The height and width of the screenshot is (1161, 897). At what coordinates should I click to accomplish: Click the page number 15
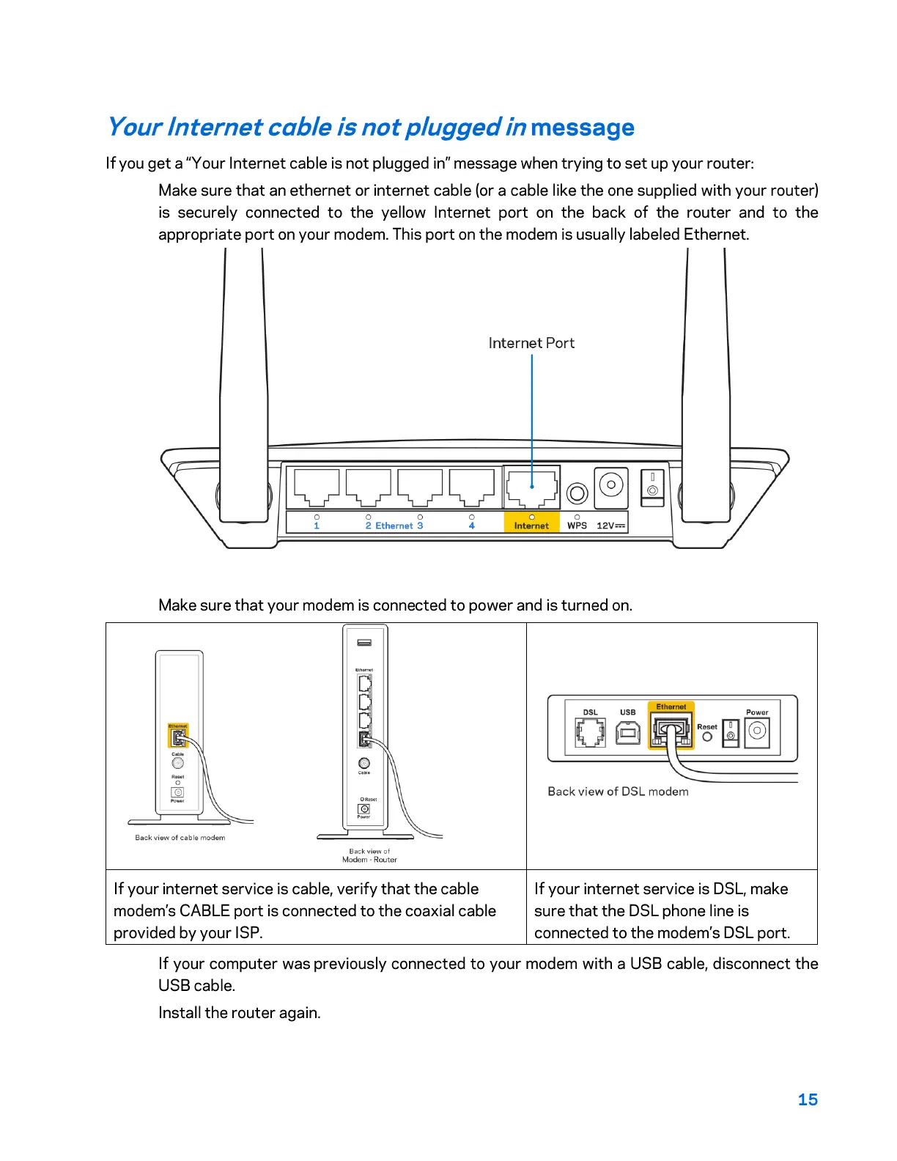click(808, 1099)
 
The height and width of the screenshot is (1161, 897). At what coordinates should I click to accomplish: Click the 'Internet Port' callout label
click(531, 343)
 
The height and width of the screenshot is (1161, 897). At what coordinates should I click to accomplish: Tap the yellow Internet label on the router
click(531, 526)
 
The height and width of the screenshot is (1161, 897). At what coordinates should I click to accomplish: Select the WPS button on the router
click(577, 493)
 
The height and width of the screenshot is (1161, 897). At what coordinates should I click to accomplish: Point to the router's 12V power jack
click(611, 485)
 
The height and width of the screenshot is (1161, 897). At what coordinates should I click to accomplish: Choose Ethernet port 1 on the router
click(317, 487)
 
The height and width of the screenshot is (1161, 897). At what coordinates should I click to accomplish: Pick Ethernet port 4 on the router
click(471, 487)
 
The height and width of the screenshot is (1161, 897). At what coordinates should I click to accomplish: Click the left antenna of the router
click(244, 381)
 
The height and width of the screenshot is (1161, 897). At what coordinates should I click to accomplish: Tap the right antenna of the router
click(706, 381)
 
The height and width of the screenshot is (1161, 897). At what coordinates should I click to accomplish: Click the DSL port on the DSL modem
click(591, 732)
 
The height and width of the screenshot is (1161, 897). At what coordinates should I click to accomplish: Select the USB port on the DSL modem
click(628, 732)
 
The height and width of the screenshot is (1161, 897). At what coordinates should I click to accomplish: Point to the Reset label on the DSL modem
click(707, 727)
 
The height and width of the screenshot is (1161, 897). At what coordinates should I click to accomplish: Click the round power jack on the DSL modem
click(758, 731)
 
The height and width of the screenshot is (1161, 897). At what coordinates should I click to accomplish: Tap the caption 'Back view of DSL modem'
click(618, 792)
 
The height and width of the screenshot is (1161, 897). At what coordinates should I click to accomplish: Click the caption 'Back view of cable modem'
click(180, 838)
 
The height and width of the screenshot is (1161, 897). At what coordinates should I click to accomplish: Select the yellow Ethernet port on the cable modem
click(178, 737)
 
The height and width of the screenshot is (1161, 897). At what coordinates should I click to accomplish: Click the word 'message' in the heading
click(583, 128)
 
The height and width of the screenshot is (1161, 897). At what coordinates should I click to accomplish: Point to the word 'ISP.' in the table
click(248, 933)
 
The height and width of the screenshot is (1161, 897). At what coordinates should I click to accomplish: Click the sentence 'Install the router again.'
click(240, 1013)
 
